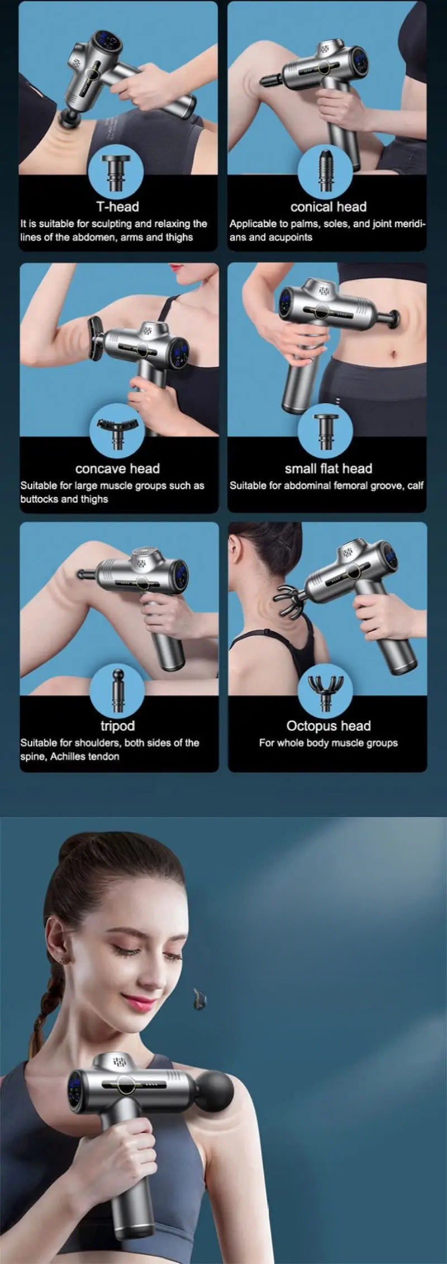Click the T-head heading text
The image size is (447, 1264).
[117, 207]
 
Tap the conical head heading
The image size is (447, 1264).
[328, 207]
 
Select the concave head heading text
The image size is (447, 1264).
[117, 469]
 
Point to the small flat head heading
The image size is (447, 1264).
[328, 469]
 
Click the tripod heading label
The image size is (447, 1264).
[117, 726]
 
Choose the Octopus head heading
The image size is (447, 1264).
[328, 726]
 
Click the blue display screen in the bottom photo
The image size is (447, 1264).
[74, 1090]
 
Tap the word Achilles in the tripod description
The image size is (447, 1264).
[69, 757]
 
